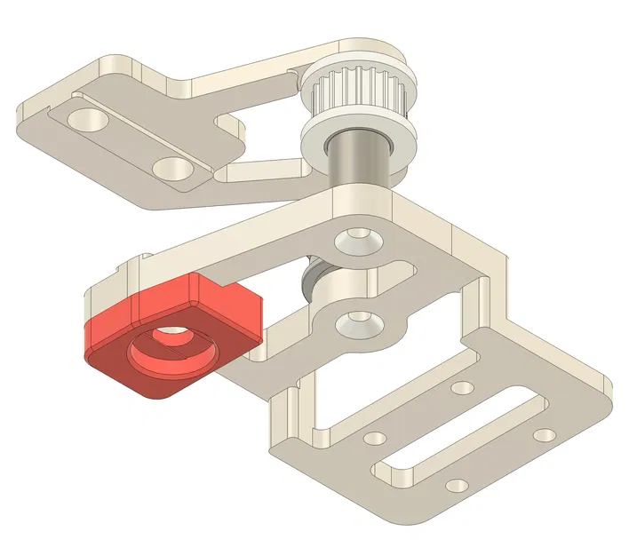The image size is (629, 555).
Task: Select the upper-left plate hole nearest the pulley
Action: (171, 166)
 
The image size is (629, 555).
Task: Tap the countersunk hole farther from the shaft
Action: (358, 319)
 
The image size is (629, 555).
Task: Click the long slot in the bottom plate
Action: (462, 436)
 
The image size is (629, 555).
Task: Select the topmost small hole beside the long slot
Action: (462, 387)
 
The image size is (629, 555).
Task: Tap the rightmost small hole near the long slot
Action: (545, 435)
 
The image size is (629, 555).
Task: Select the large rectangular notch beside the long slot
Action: (373, 391)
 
